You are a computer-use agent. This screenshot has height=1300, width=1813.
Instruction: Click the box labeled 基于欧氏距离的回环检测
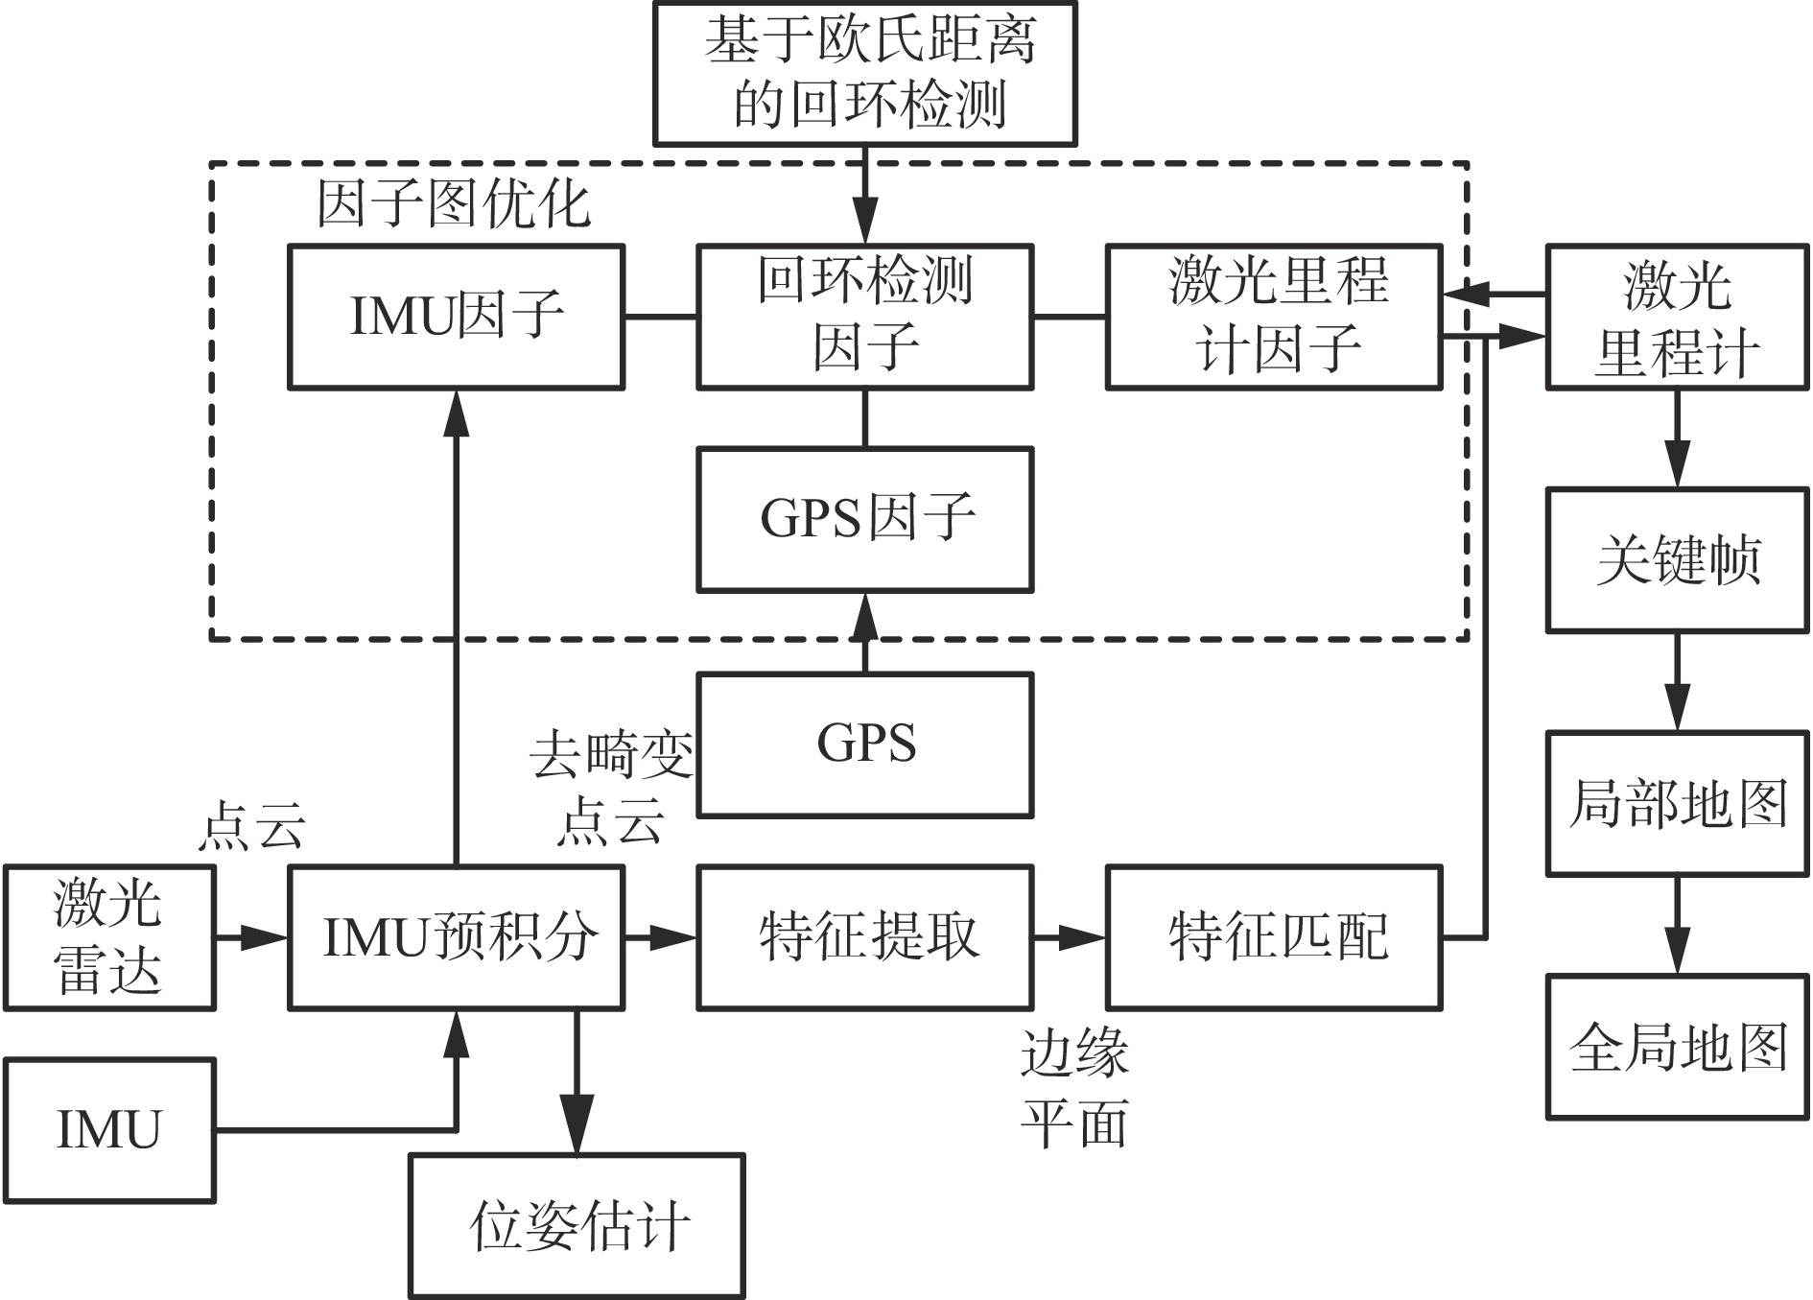click(x=864, y=73)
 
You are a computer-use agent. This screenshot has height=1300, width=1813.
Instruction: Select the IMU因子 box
click(x=457, y=317)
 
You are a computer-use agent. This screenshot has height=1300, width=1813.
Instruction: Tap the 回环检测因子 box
click(x=864, y=317)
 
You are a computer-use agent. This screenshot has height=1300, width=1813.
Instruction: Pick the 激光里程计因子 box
click(x=1274, y=317)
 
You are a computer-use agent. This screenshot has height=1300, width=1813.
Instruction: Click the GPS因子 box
click(x=864, y=519)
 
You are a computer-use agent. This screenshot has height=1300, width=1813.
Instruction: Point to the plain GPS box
click(x=864, y=745)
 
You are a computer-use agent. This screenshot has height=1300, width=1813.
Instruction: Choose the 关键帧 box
click(x=1677, y=560)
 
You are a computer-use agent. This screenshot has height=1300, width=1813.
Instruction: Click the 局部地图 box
click(x=1677, y=803)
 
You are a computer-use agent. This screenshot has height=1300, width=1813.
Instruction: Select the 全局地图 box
click(x=1677, y=1047)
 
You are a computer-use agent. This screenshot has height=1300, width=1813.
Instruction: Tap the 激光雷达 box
click(x=108, y=937)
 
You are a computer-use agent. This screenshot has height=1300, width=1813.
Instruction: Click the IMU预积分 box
click(x=457, y=937)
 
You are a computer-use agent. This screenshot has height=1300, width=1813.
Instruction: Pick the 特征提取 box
click(x=864, y=937)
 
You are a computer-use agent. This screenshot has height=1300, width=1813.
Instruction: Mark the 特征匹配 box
click(x=1274, y=937)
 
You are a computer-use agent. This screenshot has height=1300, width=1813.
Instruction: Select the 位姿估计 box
click(x=577, y=1225)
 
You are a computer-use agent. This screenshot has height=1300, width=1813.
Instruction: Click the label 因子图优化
click(x=453, y=204)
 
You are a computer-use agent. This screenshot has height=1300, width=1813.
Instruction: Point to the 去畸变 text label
click(x=611, y=755)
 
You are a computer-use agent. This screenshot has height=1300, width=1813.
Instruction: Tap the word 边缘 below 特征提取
click(x=1073, y=1054)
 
